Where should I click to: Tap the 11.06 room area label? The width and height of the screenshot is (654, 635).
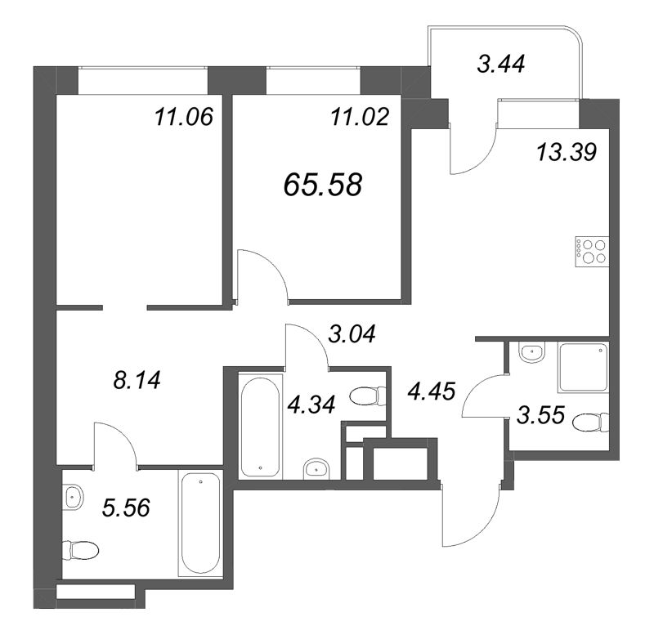point(183,118)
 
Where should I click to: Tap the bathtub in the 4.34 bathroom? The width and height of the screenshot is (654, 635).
point(261,425)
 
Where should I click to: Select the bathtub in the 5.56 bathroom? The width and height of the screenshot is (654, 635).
point(200,524)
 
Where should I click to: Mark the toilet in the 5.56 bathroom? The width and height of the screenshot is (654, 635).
point(82,548)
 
